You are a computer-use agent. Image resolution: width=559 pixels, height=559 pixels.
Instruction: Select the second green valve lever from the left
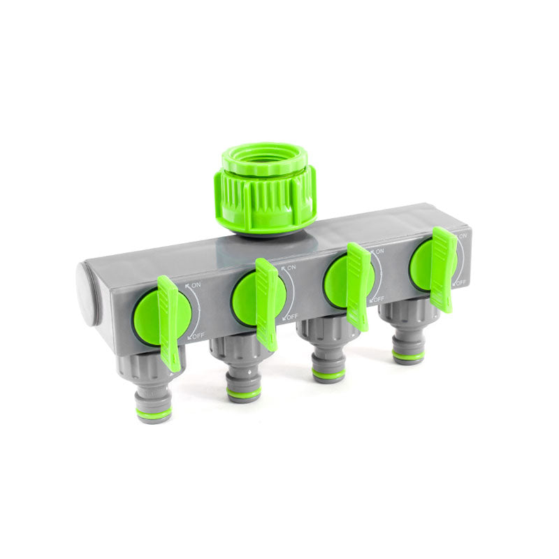coord(267,303)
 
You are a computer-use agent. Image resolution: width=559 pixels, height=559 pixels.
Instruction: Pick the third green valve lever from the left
coord(358,286)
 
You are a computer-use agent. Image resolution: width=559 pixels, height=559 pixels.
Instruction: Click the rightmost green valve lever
coord(443,270)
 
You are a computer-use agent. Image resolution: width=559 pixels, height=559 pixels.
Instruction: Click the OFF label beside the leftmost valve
coord(198,335)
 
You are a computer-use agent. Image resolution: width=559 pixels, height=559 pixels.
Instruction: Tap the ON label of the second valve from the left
coord(291,268)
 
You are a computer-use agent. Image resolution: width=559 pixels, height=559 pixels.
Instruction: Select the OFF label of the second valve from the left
coord(291,317)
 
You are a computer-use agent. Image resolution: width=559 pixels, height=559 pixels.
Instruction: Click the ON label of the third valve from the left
coord(379,252)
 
